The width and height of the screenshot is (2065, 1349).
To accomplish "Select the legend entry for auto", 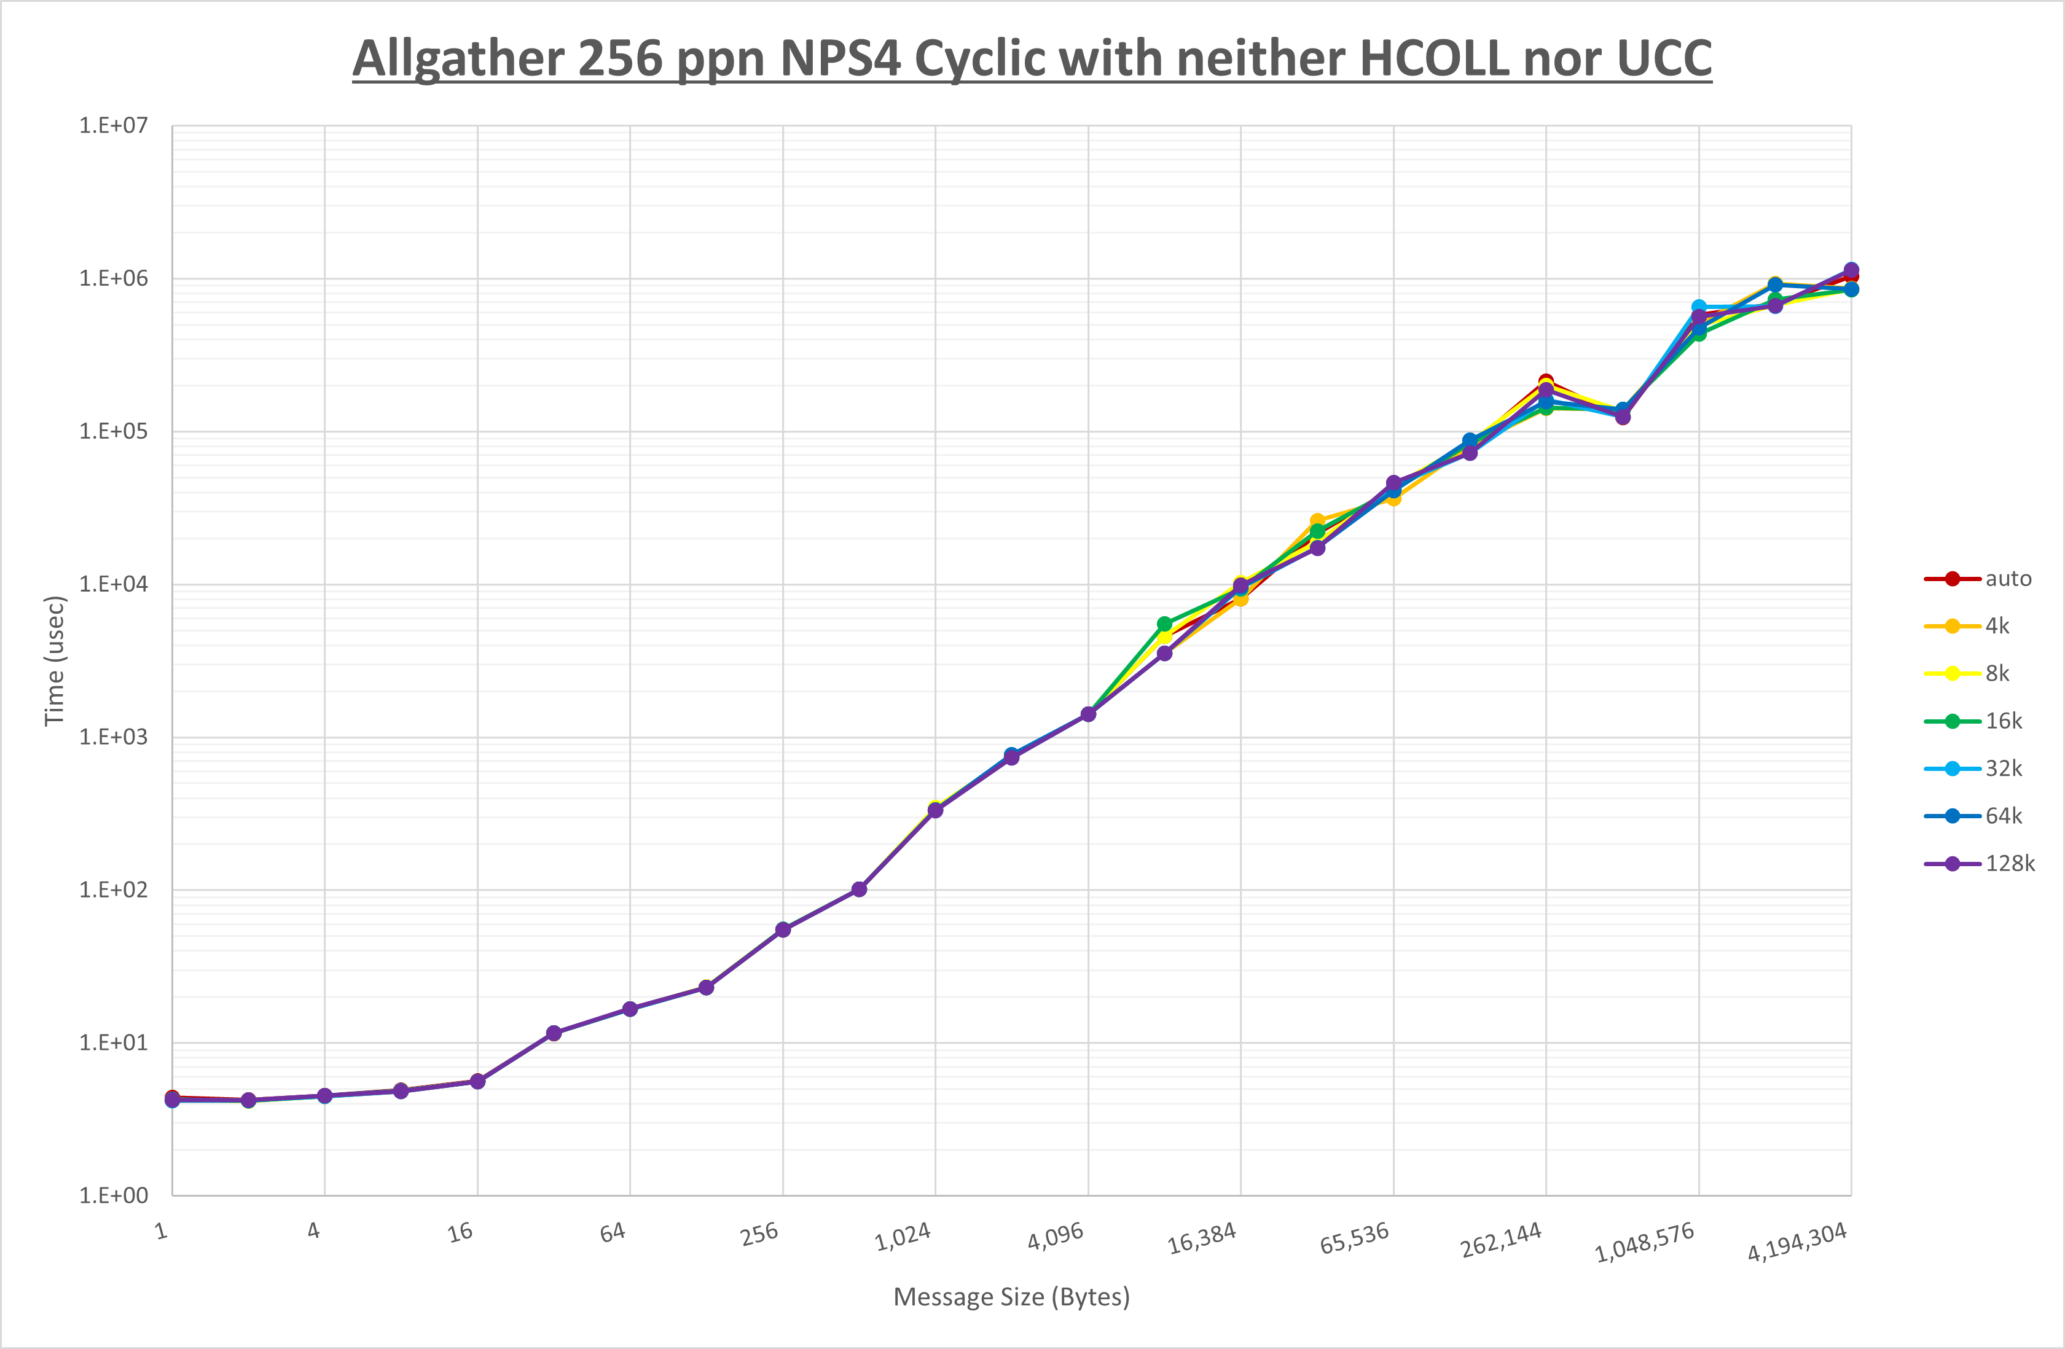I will (2008, 579).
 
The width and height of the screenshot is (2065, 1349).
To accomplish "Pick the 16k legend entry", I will (2004, 721).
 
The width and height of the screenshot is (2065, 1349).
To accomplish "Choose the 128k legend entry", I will (2010, 863).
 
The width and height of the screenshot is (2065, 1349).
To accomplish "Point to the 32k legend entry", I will (2004, 768).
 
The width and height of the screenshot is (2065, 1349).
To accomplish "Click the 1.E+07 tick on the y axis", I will (114, 126).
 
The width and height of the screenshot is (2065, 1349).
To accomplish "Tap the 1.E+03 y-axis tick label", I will (114, 737).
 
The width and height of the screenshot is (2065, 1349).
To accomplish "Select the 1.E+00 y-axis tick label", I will (114, 1195).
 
